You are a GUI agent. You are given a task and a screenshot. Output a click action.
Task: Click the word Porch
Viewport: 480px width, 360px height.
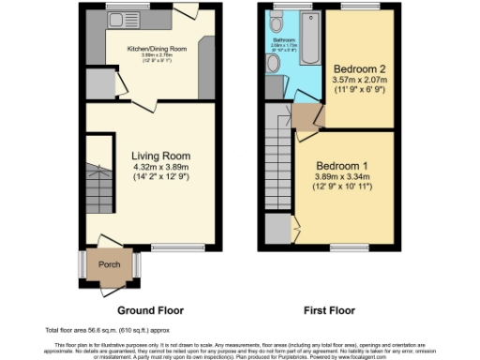pos(110,264)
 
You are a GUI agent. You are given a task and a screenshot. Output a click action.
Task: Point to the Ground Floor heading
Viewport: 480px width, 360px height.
pos(150,310)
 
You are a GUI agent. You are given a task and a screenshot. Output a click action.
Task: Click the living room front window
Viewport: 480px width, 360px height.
pos(172,248)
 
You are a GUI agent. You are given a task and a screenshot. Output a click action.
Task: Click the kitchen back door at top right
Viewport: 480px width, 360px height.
pos(185,14)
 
